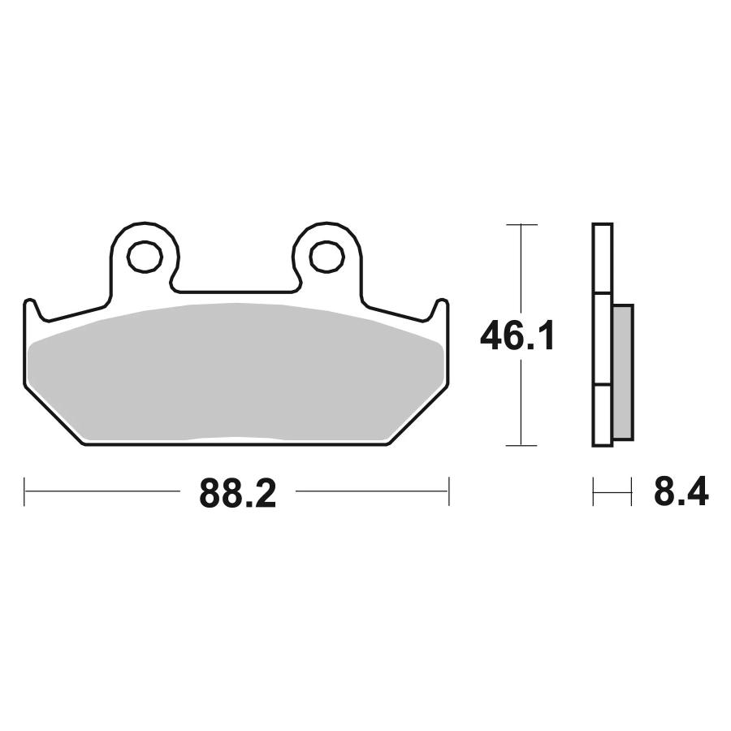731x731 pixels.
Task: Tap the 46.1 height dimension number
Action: point(517,335)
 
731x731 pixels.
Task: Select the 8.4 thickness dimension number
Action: point(681,491)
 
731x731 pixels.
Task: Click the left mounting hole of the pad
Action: point(145,257)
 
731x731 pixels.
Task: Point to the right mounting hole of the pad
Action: point(327,257)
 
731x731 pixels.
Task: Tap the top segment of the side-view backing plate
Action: point(603,258)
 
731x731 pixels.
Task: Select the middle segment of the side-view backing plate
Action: point(603,339)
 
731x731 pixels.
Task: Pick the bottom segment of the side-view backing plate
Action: point(603,415)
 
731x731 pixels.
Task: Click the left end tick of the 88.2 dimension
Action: point(24,491)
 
